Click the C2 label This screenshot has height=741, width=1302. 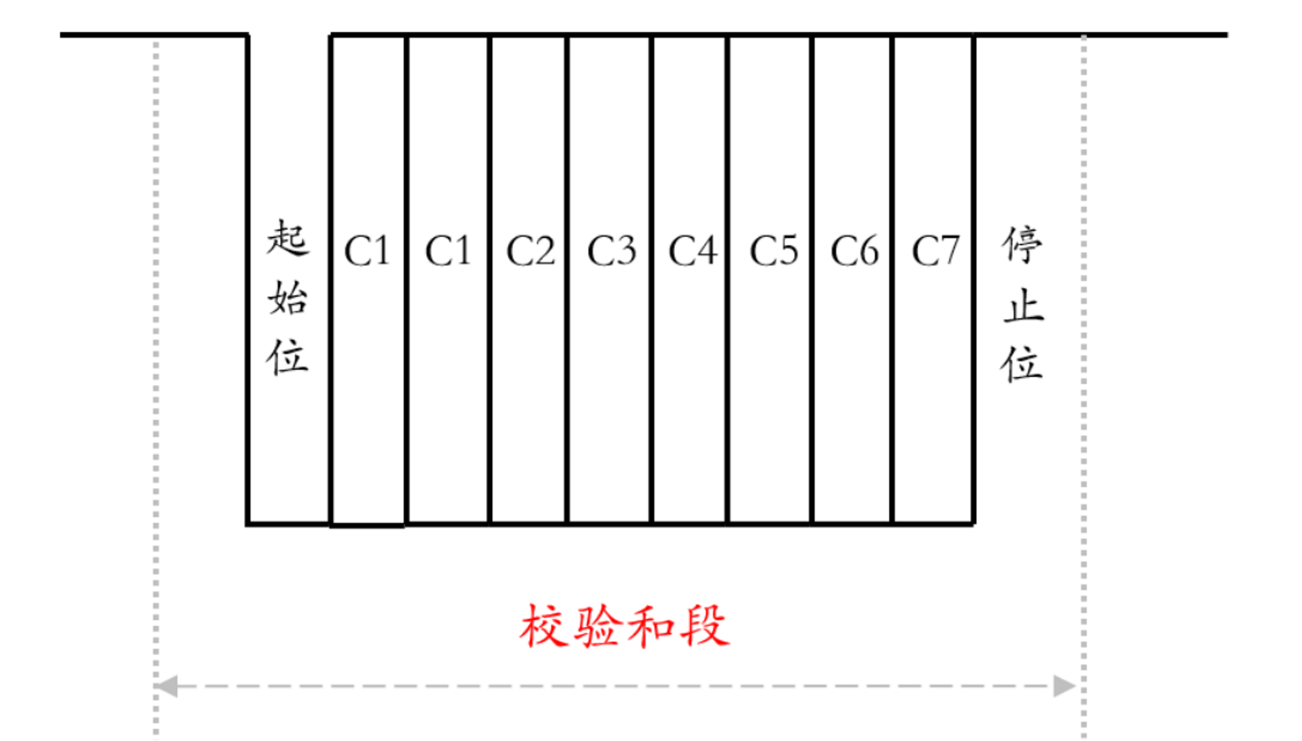pyautogui.click(x=530, y=252)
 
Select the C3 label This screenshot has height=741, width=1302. pyautogui.click(x=611, y=252)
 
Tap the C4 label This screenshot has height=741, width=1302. pyautogui.click(x=693, y=252)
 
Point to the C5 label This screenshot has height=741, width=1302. pyautogui.click(x=773, y=252)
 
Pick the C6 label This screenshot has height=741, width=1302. pyautogui.click(x=854, y=252)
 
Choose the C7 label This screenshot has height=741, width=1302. pyautogui.click(x=935, y=252)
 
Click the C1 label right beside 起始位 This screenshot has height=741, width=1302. pyautogui.click(x=367, y=252)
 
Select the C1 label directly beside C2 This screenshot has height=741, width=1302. pyautogui.click(x=448, y=252)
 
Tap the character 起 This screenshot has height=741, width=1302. pyautogui.click(x=288, y=239)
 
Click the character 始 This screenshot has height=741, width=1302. pyautogui.click(x=288, y=298)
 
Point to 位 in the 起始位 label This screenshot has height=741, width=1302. pyautogui.click(x=288, y=356)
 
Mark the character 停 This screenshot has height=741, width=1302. pyautogui.click(x=1022, y=245)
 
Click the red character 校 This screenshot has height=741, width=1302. pyautogui.click(x=543, y=626)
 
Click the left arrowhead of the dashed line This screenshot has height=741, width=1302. pyautogui.click(x=165, y=686)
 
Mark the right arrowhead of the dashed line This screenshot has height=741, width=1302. pyautogui.click(x=1065, y=686)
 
